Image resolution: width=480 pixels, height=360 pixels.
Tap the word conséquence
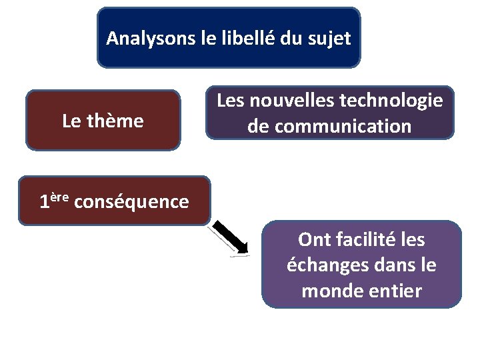pos(132,201)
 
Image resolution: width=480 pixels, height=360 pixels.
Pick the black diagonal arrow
pos(230,239)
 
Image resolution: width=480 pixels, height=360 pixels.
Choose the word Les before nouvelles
pos(231,101)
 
